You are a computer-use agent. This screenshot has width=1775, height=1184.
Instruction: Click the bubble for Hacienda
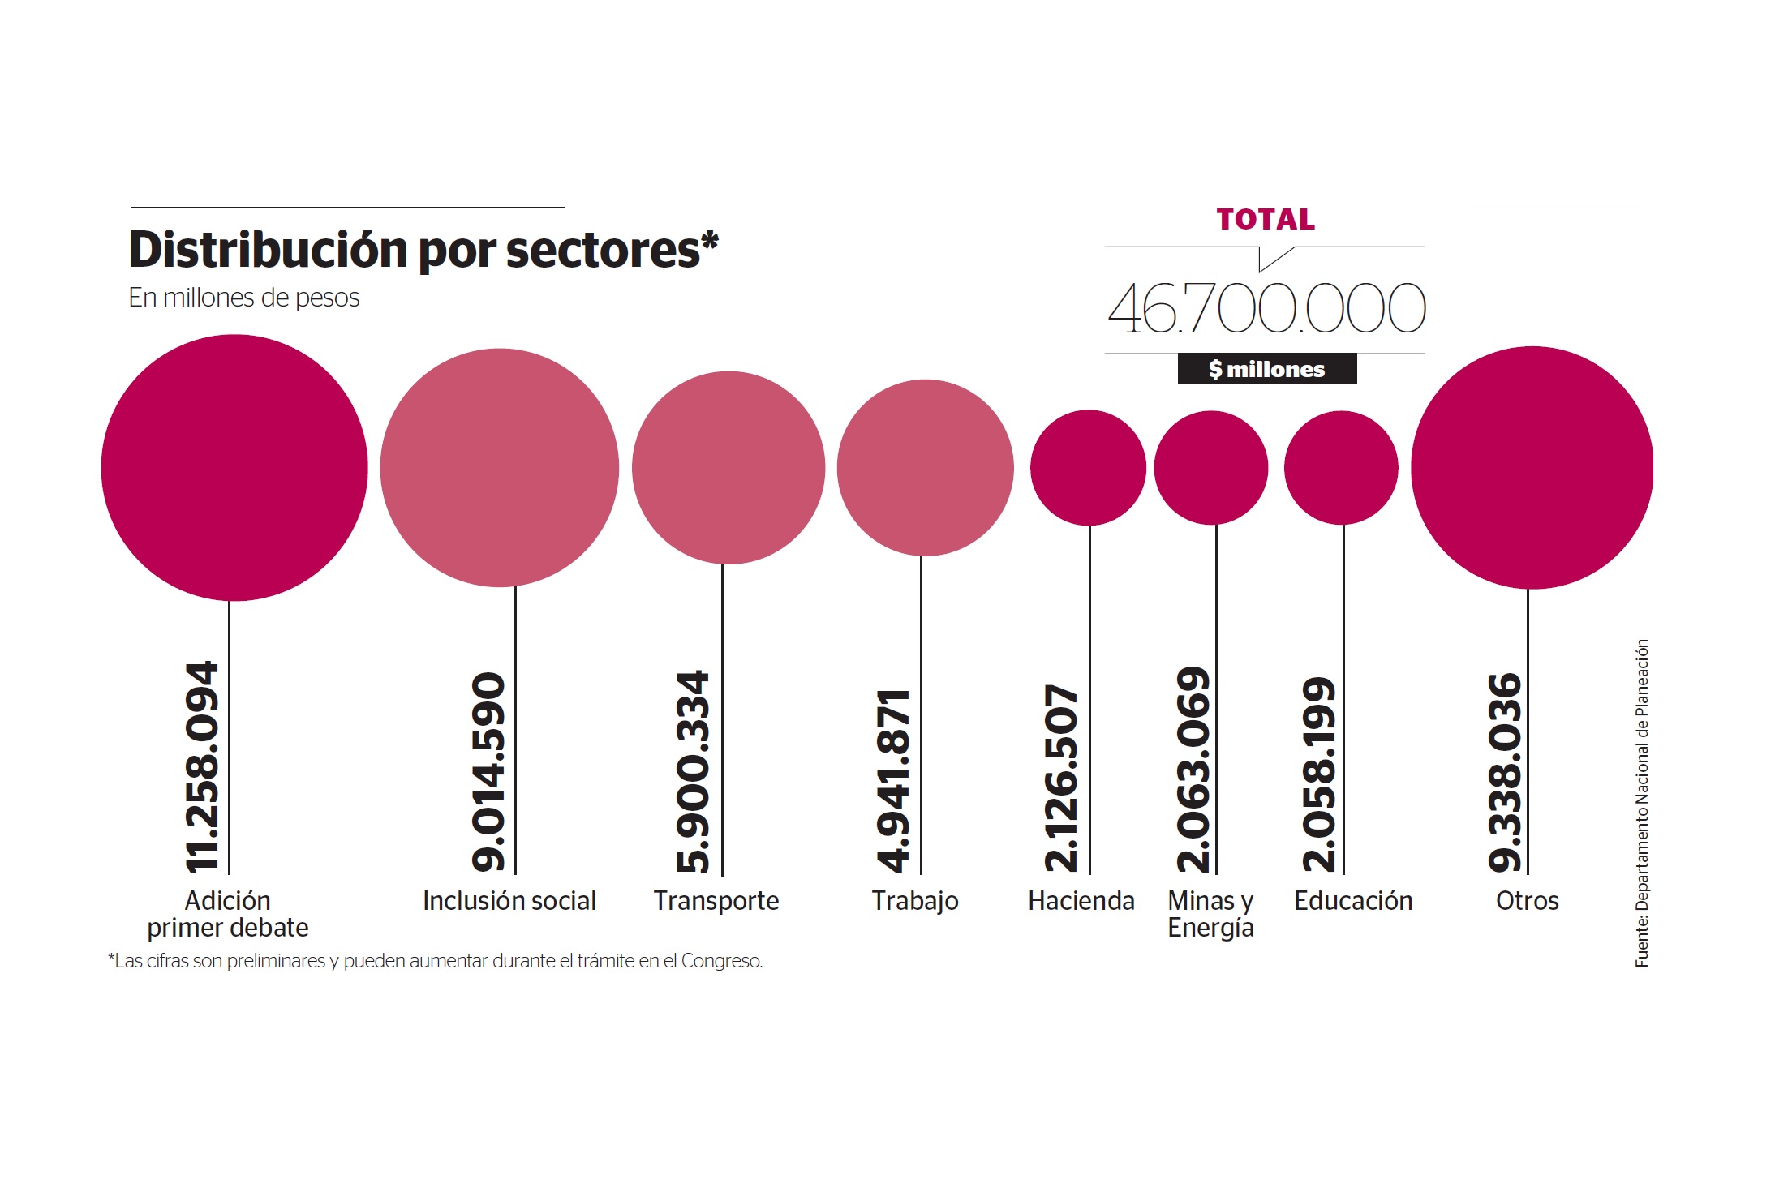coord(1088,468)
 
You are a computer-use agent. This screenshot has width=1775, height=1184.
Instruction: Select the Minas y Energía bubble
coord(1210,468)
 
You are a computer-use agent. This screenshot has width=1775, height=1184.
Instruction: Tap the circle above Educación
coord(1341,468)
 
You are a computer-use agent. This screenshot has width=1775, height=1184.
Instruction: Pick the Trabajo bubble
coord(925,468)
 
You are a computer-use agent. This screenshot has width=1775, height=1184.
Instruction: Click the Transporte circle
coord(728,468)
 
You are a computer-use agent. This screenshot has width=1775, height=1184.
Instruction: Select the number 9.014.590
coord(489,772)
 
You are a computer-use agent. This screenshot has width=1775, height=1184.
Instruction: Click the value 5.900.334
coord(694,772)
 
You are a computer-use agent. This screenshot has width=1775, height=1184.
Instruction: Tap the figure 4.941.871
coord(894,781)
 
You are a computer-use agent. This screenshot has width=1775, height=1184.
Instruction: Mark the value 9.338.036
coord(1506,773)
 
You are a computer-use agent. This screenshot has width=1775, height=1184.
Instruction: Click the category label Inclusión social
coord(509,901)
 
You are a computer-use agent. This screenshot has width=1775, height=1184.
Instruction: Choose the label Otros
coord(1527,901)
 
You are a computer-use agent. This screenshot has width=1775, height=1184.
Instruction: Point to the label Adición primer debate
coord(228,914)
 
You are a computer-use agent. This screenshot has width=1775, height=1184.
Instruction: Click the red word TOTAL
coord(1266,220)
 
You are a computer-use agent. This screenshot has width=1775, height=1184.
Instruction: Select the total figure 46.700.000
coord(1266,308)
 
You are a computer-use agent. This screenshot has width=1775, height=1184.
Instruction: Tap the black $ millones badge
coord(1266,369)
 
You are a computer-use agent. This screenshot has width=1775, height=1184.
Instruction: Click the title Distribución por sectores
coord(423,250)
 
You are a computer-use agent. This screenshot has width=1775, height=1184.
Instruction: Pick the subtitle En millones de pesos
coord(243,298)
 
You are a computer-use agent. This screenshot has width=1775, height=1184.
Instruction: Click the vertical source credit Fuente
coord(1641,803)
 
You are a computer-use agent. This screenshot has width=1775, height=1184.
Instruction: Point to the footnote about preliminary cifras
coord(436,961)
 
